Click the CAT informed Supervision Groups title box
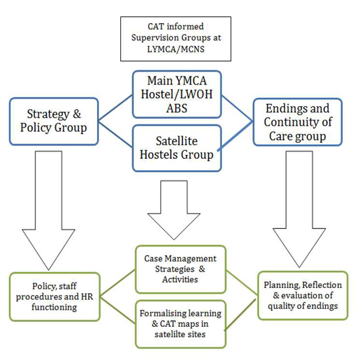[175, 38]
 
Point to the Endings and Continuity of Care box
[298, 121]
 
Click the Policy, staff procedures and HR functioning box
[55, 297]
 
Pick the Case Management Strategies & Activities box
[180, 269]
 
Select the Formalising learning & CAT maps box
[180, 323]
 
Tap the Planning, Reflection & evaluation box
[303, 295]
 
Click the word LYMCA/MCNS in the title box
[176, 49]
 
